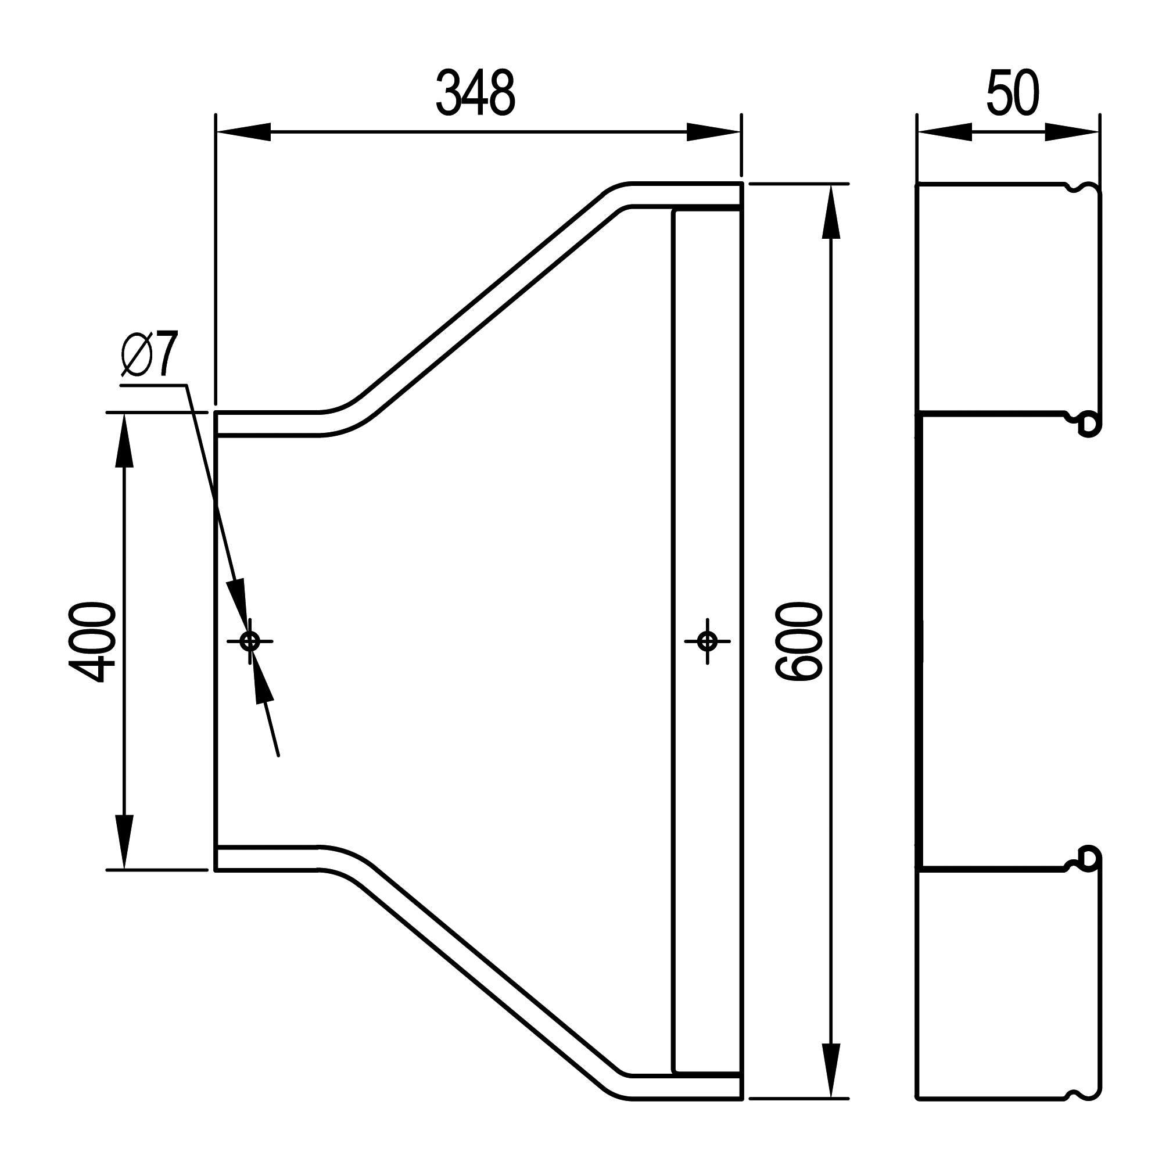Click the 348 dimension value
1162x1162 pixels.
tap(475, 93)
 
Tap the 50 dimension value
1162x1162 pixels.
tap(1013, 93)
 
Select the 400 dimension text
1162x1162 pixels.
tap(92, 642)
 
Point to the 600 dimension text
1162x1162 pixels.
tap(799, 642)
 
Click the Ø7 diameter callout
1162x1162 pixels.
tap(150, 355)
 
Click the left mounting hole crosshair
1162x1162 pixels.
tap(250, 642)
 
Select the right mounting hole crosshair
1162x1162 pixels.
tap(707, 642)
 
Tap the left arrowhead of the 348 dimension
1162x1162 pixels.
tap(243, 132)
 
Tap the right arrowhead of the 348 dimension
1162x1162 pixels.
tap(714, 132)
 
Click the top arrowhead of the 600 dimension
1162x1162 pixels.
tap(831, 211)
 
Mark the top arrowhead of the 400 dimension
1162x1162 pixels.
tap(124, 440)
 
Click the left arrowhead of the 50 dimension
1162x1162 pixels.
tap(944, 132)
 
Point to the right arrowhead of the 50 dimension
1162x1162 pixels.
tap(1072, 132)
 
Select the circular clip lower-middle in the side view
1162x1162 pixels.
tap(1088, 858)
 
